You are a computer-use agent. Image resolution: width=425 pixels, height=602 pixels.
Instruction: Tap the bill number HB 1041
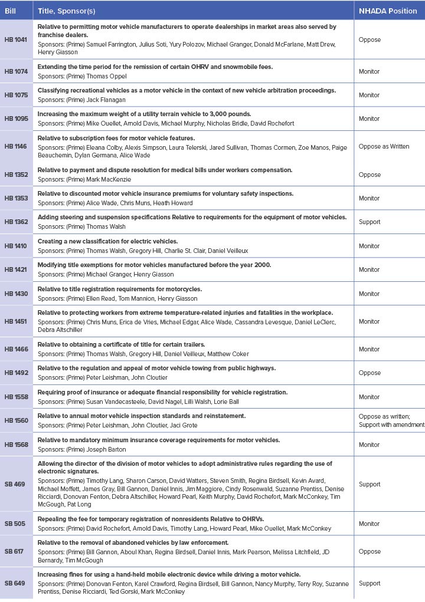pyautogui.click(x=16, y=40)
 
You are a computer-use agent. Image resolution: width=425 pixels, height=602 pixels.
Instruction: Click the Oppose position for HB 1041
pyautogui.click(x=370, y=40)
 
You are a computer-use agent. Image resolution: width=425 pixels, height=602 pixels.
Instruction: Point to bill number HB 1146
pyautogui.click(x=16, y=146)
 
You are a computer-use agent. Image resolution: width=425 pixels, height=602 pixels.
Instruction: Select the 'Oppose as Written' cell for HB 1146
pyautogui.click(x=384, y=146)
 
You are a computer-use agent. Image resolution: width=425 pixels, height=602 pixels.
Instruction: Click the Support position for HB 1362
pyautogui.click(x=370, y=222)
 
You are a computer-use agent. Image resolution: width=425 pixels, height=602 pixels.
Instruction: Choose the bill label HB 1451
pyautogui.click(x=16, y=321)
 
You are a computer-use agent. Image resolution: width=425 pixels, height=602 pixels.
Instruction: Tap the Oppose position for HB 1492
pyautogui.click(x=370, y=373)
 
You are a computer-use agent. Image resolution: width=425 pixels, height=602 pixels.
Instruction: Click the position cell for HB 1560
pyautogui.click(x=391, y=420)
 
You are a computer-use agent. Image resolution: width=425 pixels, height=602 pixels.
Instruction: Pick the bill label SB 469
pyautogui.click(x=15, y=484)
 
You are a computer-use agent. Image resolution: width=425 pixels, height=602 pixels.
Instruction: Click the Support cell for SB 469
pyautogui.click(x=370, y=484)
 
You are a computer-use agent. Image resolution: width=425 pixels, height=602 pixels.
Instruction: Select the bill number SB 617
pyautogui.click(x=15, y=551)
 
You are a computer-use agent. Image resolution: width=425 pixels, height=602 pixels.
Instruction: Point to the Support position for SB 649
pyautogui.click(x=370, y=583)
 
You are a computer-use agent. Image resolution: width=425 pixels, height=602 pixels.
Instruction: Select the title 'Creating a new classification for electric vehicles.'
pyautogui.click(x=107, y=241)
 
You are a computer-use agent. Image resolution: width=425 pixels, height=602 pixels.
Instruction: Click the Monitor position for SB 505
pyautogui.click(x=369, y=524)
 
